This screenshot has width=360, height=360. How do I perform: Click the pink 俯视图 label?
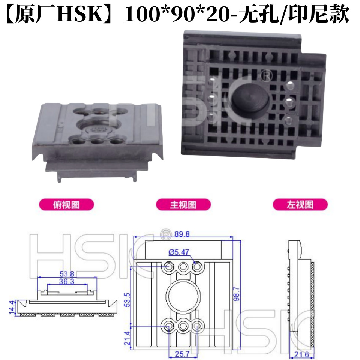(x=66, y=205)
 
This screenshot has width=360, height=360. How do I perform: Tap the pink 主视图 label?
(x=183, y=205)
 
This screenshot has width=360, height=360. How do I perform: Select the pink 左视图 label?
(x=300, y=205)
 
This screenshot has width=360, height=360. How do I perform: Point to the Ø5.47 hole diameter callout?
(x=178, y=252)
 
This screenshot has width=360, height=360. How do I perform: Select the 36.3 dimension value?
(x=67, y=281)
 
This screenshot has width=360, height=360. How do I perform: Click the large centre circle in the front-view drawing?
(x=183, y=296)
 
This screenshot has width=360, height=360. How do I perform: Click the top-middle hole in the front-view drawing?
(x=183, y=267)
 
